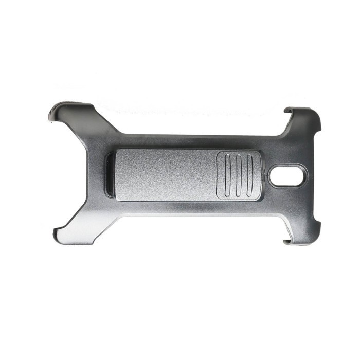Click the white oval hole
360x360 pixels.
[287, 176]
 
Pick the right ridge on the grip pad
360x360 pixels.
[249, 175]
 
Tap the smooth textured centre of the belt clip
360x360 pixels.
[165, 174]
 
